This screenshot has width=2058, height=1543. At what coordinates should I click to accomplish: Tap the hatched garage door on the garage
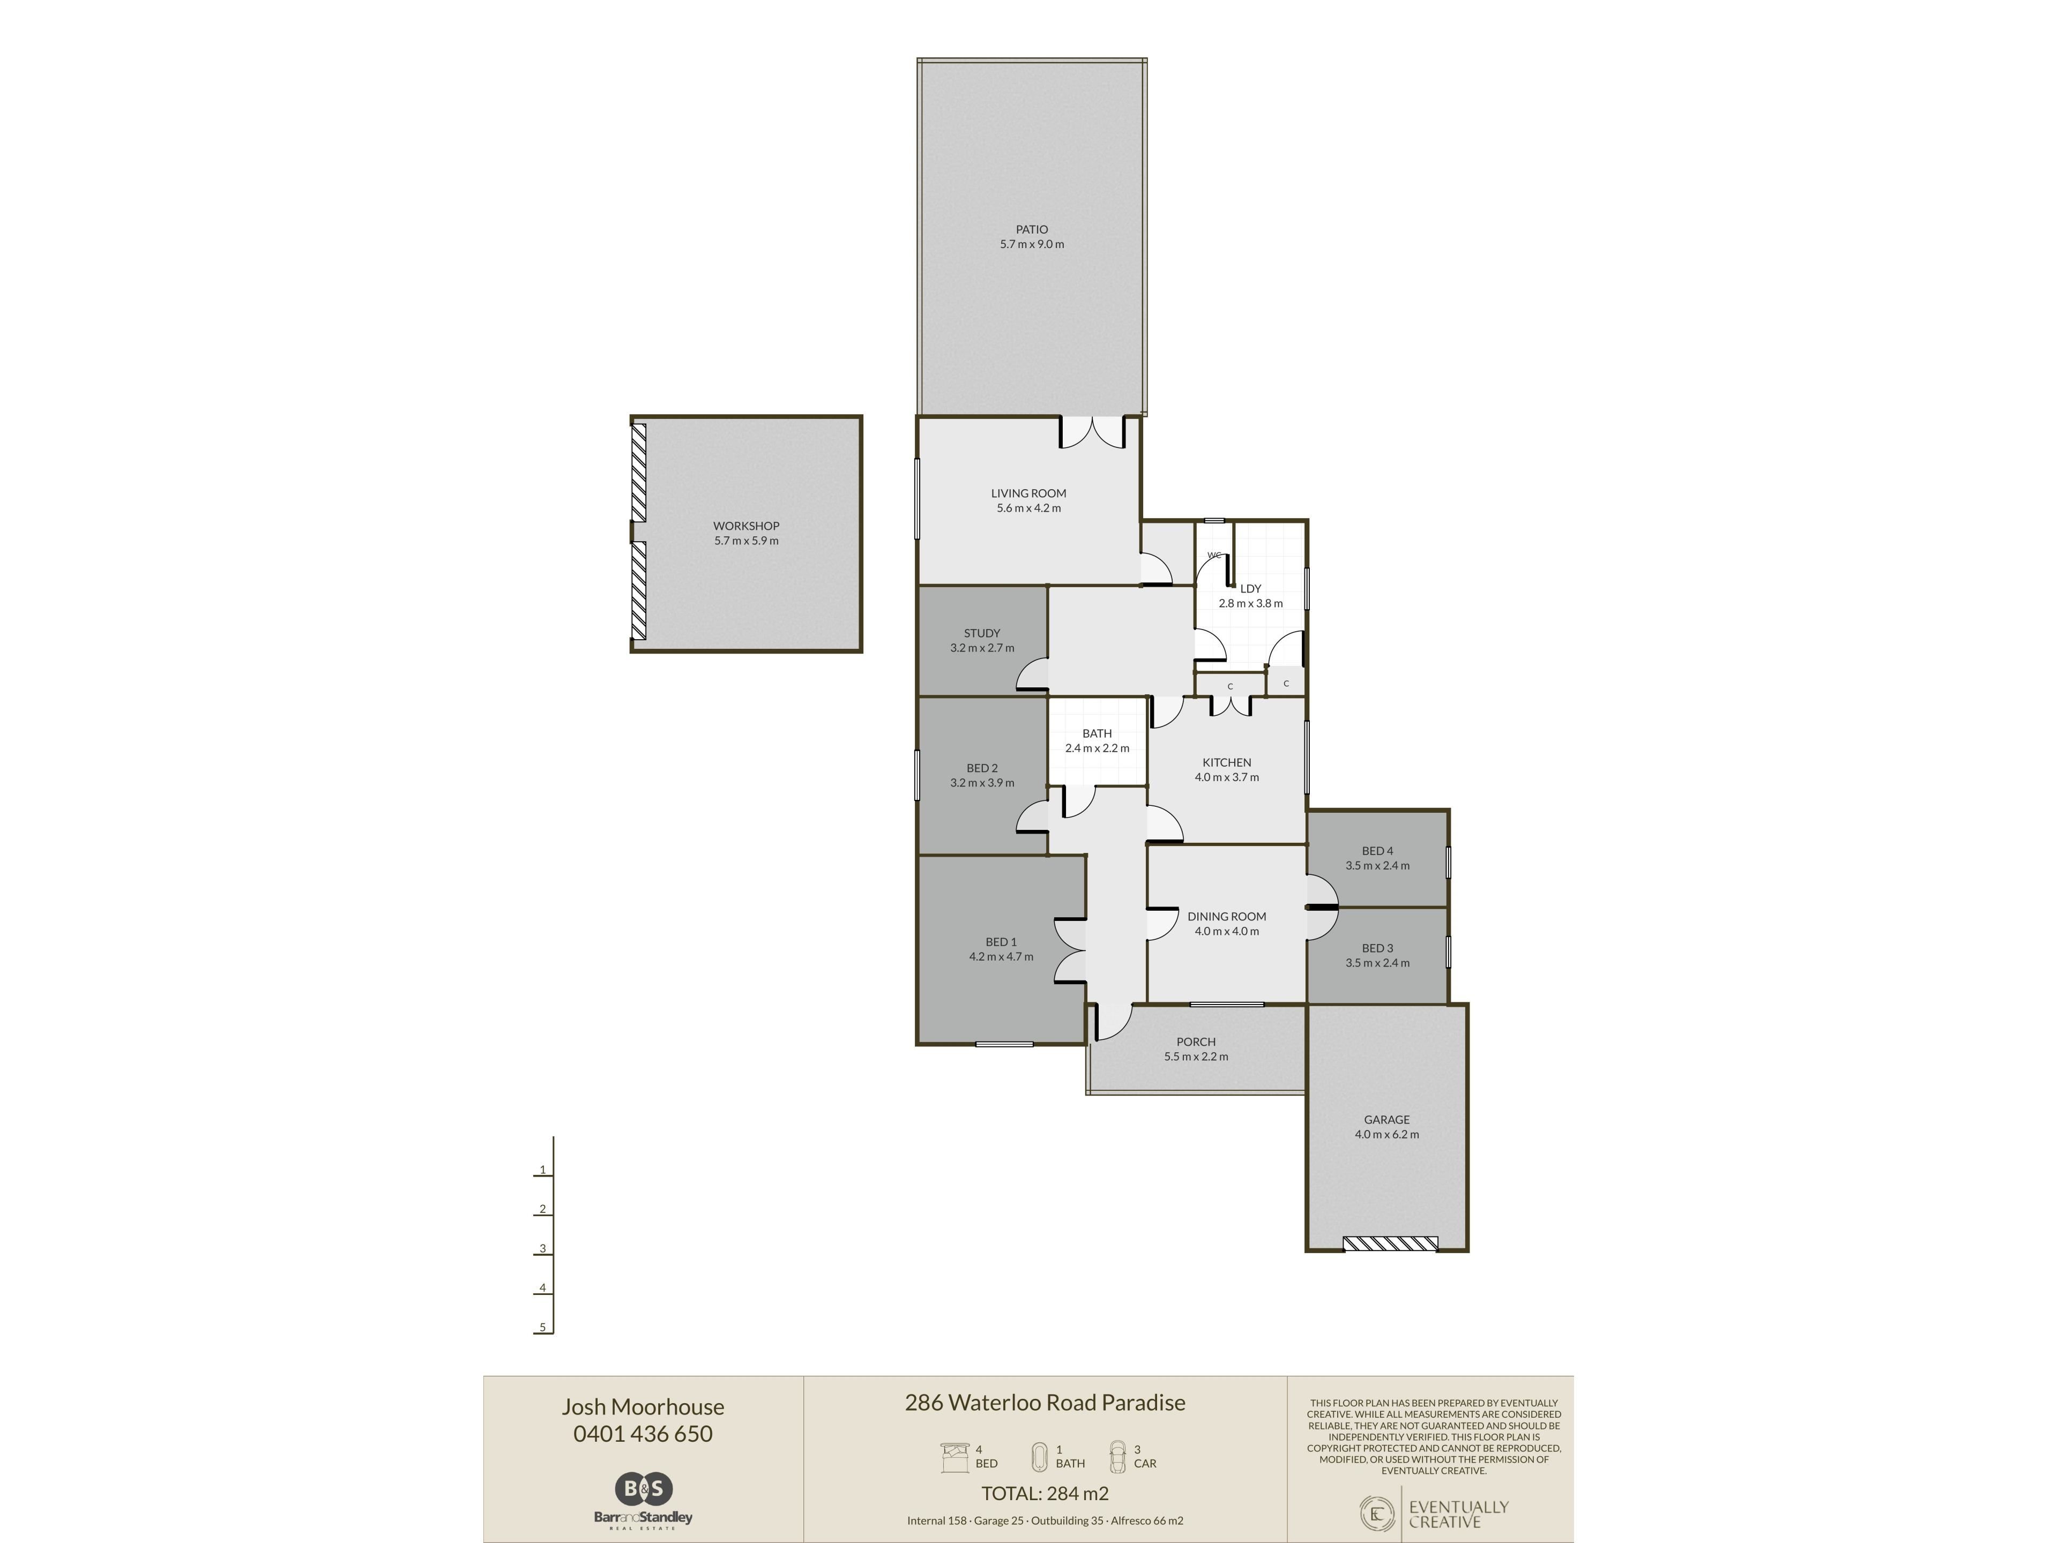1390,1244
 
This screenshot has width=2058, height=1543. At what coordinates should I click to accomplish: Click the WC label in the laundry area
1214,555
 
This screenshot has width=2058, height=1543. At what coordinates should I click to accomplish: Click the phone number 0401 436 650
643,1434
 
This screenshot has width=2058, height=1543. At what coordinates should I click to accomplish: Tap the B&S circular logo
643,1489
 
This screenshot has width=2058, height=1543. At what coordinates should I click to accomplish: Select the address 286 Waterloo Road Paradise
1045,1403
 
